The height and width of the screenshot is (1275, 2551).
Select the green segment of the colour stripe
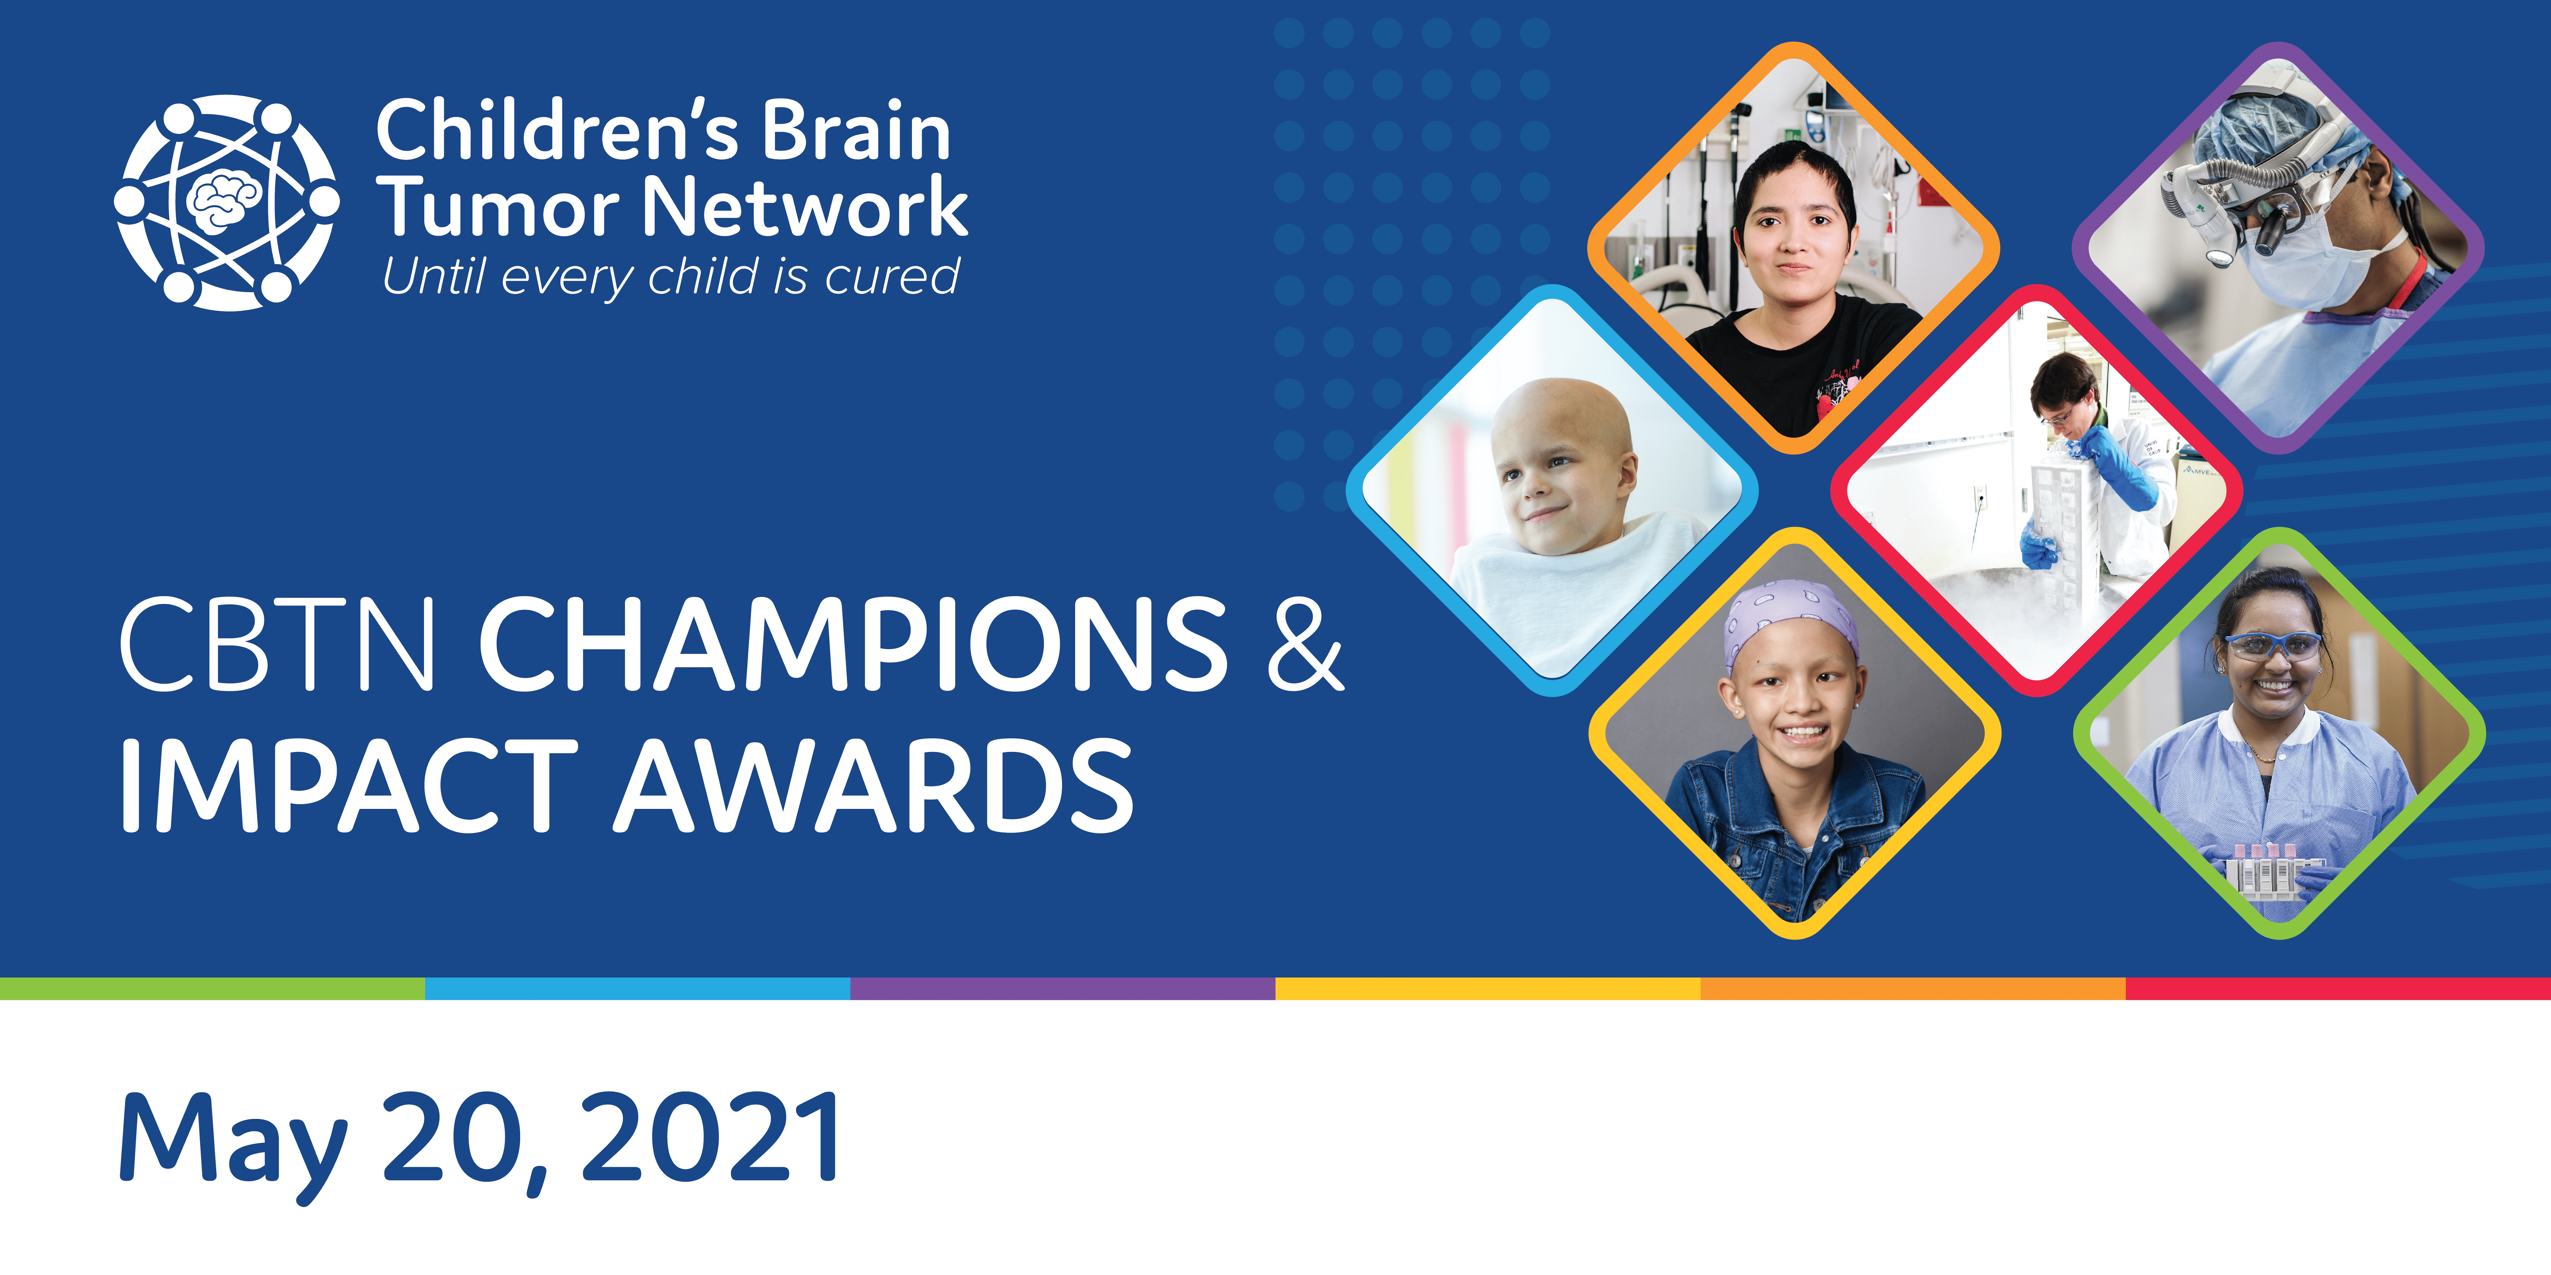click(x=213, y=988)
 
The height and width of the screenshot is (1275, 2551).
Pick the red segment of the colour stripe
click(x=2338, y=988)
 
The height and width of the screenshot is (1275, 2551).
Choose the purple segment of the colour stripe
click(x=1063, y=988)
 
